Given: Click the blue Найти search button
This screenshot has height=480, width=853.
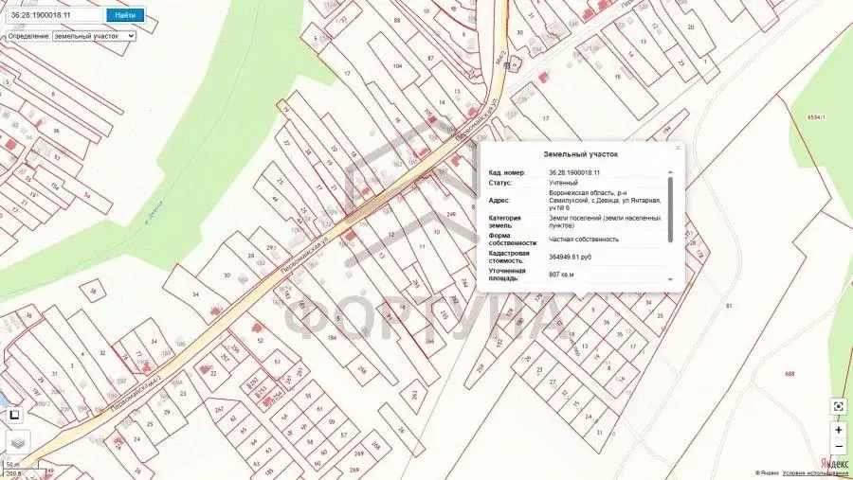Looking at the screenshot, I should [124, 15].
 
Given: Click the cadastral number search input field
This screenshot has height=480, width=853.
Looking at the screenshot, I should [54, 15].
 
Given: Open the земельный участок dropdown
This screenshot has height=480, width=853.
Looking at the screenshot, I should [94, 36].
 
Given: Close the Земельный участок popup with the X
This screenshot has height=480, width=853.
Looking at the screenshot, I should [678, 148].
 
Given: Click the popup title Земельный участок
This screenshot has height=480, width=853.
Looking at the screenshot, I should [580, 153].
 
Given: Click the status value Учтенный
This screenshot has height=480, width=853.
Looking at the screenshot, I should [563, 182].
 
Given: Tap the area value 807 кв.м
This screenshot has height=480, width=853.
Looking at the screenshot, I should [562, 275].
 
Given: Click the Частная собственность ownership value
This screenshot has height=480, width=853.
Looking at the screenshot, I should [584, 239].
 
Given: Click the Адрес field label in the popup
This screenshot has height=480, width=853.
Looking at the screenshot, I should [499, 200].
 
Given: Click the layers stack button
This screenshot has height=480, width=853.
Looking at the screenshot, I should [18, 443].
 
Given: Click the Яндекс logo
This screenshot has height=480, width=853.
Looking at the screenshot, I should [834, 463].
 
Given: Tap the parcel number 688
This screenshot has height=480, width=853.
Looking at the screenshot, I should [789, 374].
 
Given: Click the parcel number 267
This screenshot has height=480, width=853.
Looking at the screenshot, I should [219, 409].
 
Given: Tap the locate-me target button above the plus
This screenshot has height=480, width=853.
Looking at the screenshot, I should [839, 406].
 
